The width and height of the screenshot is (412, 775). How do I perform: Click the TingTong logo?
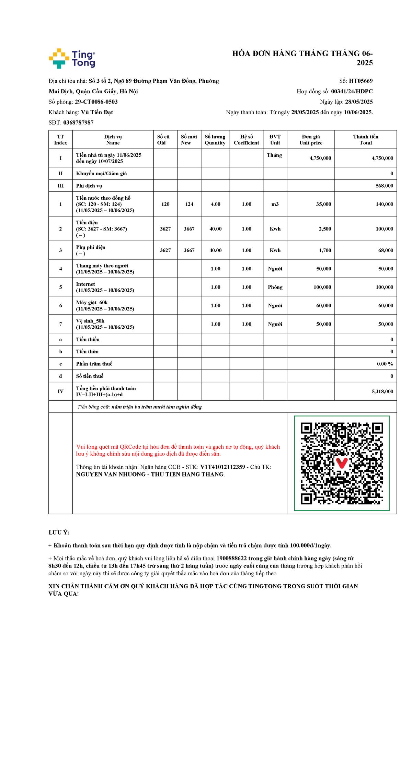[x=72, y=58]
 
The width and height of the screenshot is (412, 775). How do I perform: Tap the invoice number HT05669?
[x=360, y=81]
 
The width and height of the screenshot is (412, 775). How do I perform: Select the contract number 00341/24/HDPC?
[x=352, y=91]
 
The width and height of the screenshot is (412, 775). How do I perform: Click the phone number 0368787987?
[x=78, y=122]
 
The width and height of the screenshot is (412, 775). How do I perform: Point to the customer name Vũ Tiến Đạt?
[x=97, y=112]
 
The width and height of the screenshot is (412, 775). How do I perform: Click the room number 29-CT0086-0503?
[x=96, y=102]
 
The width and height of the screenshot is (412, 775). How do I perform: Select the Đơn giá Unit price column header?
[x=311, y=140]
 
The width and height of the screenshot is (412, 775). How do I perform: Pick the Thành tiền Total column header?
[x=366, y=140]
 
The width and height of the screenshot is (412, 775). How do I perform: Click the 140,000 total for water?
[x=384, y=204]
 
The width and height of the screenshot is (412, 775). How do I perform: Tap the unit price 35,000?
[x=323, y=204]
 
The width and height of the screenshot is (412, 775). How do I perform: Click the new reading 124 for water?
[x=189, y=204]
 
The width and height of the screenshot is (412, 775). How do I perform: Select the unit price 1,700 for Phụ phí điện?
[x=325, y=250]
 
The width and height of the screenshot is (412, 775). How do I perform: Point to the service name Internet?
[x=85, y=284]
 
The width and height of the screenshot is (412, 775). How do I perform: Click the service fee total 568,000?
[x=384, y=186]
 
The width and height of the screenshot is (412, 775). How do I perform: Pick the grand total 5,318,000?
[x=382, y=391]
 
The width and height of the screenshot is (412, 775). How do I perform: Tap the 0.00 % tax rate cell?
[x=385, y=364]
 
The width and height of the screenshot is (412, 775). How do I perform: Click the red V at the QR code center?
[x=342, y=463]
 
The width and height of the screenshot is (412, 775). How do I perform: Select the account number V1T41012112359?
[x=222, y=467]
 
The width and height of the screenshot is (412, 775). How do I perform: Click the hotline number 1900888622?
[x=231, y=558]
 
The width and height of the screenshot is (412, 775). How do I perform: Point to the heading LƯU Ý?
[x=59, y=532]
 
